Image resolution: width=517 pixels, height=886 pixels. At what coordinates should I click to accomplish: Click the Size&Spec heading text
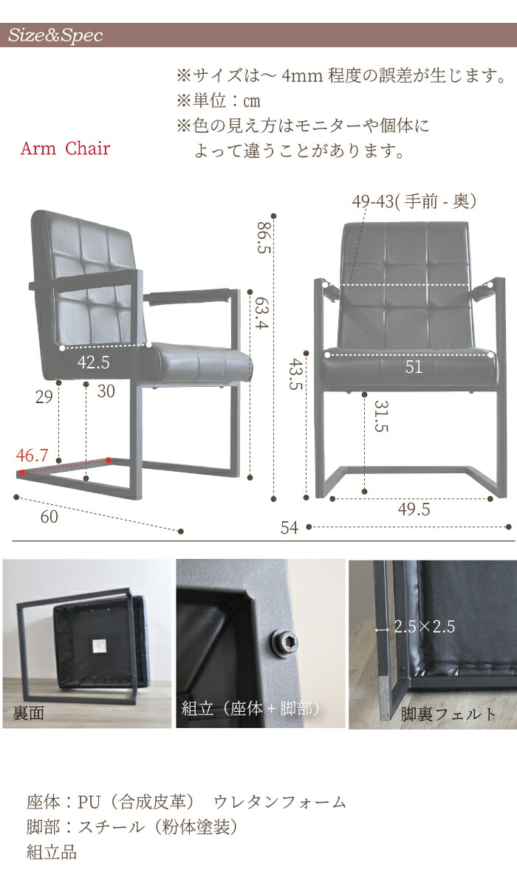pos(55,35)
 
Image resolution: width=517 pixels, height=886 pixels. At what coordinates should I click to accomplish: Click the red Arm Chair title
pos(65,148)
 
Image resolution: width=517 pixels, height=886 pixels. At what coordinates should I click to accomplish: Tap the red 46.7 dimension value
pos(32,456)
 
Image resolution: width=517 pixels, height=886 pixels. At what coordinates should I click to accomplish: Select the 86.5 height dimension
pos(264,237)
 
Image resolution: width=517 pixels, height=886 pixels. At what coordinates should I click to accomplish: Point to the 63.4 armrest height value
pos(261,313)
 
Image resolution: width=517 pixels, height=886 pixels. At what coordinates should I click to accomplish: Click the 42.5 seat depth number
pos(93,363)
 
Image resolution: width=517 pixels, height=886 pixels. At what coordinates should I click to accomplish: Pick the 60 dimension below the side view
pos(49,517)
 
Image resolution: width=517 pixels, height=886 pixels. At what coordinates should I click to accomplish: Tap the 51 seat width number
pos(414,368)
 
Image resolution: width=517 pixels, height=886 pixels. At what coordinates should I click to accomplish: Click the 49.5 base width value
pos(414,509)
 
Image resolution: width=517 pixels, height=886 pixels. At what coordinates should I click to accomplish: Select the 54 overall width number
pos(290,528)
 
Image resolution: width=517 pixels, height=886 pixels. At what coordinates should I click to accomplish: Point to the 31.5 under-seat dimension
pos(381,416)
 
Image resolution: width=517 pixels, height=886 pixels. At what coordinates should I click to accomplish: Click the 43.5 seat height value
pos(295,374)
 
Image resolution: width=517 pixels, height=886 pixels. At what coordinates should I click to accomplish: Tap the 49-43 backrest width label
pos(414,202)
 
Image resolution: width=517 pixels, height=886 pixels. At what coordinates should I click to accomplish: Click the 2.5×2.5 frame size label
pos(425,627)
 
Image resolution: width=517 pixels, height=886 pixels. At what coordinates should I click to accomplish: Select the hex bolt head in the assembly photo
pos(284,644)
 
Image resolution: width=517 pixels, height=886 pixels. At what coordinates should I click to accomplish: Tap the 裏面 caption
pos(29,713)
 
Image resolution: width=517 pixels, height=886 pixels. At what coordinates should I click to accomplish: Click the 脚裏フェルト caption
pos(448,714)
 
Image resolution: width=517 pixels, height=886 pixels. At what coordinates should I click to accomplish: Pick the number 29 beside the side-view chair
pos(44,397)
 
